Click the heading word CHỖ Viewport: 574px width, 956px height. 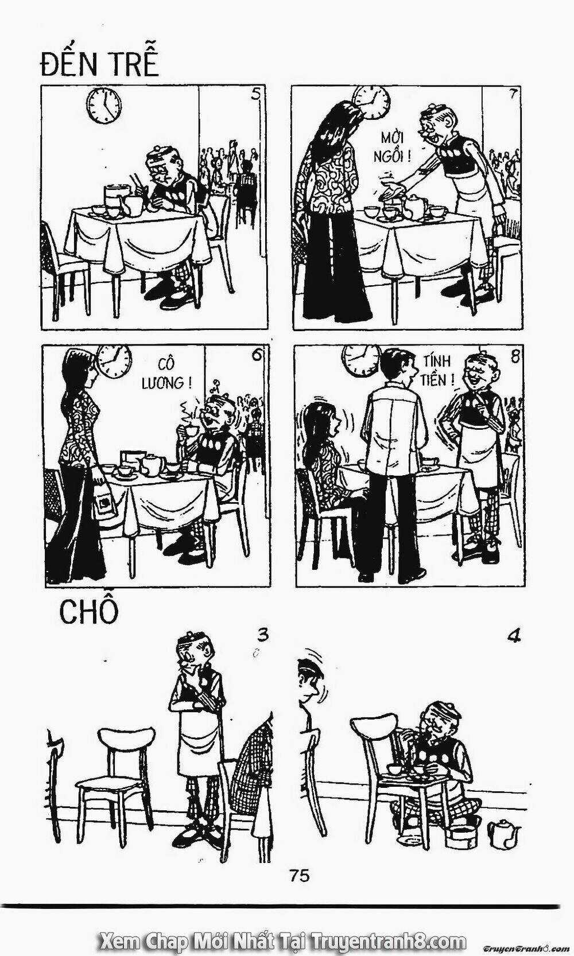coord(89,612)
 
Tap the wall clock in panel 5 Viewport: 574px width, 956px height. coord(104,105)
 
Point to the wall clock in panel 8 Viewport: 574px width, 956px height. coord(360,360)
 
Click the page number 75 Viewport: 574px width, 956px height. coord(300,876)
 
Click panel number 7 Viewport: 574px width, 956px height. coord(512,95)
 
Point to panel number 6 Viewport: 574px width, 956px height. coord(257,356)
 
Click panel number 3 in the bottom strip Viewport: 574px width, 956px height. coord(262,635)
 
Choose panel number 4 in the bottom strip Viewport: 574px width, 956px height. coord(514,636)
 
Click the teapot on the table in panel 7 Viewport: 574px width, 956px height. coord(413,206)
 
